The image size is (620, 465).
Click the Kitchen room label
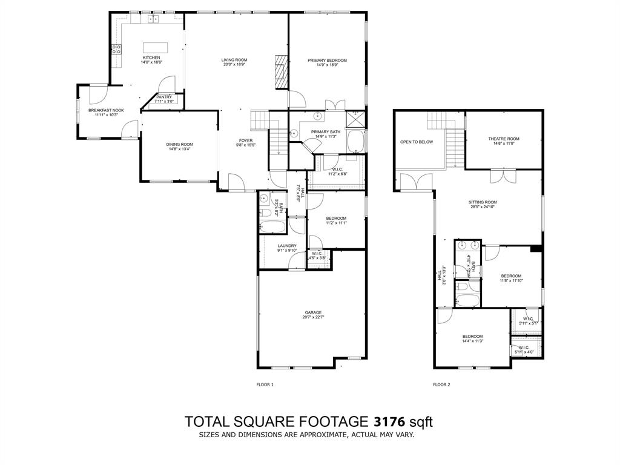tap(151, 58)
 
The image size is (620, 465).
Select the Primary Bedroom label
tap(327, 61)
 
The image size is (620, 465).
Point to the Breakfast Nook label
tap(106, 110)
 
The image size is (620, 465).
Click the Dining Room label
tap(179, 144)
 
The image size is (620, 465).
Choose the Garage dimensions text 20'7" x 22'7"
tap(313, 317)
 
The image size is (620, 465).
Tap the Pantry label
tap(164, 97)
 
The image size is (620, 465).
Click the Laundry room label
tap(287, 246)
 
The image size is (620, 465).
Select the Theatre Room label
tap(504, 139)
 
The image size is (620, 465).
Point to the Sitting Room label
tap(483, 202)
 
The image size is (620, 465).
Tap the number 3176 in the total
tap(389, 421)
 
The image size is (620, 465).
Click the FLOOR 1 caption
tap(265, 384)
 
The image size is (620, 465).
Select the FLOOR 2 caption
tap(441, 384)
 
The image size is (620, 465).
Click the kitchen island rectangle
tap(155, 47)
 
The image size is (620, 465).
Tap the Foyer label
tap(246, 140)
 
